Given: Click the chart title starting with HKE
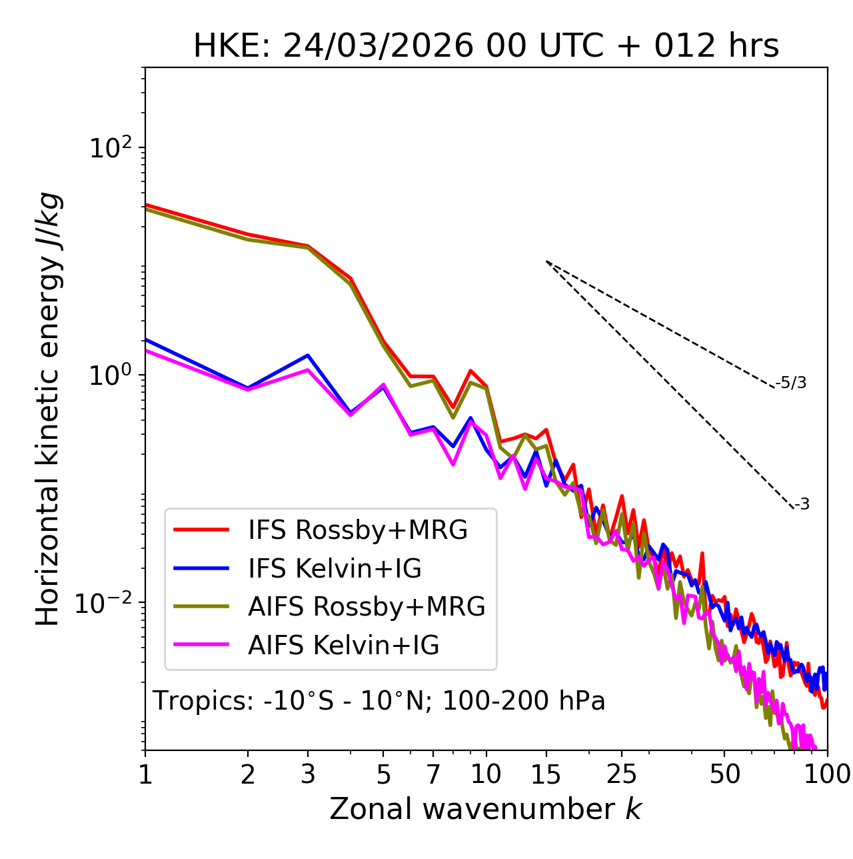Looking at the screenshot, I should (x=486, y=47).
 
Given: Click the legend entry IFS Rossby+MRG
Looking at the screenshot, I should (x=357, y=530).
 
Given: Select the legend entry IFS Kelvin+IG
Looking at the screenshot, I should (x=335, y=569).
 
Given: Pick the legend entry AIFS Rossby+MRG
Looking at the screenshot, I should (x=367, y=607).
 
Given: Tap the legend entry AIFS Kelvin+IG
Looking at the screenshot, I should (x=343, y=646).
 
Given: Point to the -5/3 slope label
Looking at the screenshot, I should (x=791, y=383).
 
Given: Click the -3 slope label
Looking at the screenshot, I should (x=802, y=504).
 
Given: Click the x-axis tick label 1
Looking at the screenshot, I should (x=145, y=774).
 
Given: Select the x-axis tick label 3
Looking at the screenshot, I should (x=308, y=774).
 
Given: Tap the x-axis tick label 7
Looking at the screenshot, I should (x=433, y=774).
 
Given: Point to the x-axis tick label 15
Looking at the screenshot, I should (x=546, y=774).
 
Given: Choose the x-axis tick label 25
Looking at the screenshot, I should (x=622, y=774).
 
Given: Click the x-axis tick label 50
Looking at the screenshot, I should (x=724, y=774).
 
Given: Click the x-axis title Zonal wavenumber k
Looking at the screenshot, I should (x=486, y=810).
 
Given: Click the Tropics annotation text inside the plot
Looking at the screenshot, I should (x=379, y=701).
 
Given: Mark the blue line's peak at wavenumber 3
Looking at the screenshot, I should (x=308, y=355).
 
